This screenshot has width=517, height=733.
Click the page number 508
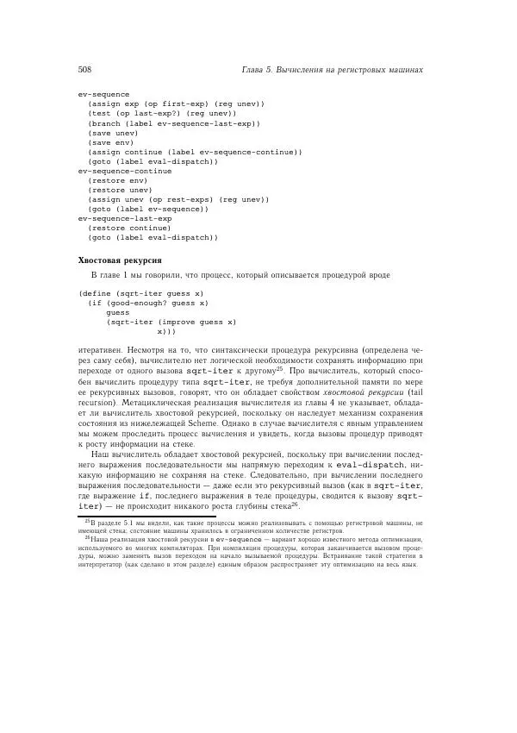[84, 69]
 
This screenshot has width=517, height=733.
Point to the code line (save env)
[109, 142]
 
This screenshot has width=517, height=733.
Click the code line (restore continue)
[129, 228]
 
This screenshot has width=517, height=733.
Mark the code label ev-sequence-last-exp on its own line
[124, 218]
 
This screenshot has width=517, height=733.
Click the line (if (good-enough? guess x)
[147, 304]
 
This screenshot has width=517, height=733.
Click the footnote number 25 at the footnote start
[87, 520]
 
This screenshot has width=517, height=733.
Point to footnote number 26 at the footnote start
[87, 536]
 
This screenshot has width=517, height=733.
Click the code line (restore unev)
[121, 190]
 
